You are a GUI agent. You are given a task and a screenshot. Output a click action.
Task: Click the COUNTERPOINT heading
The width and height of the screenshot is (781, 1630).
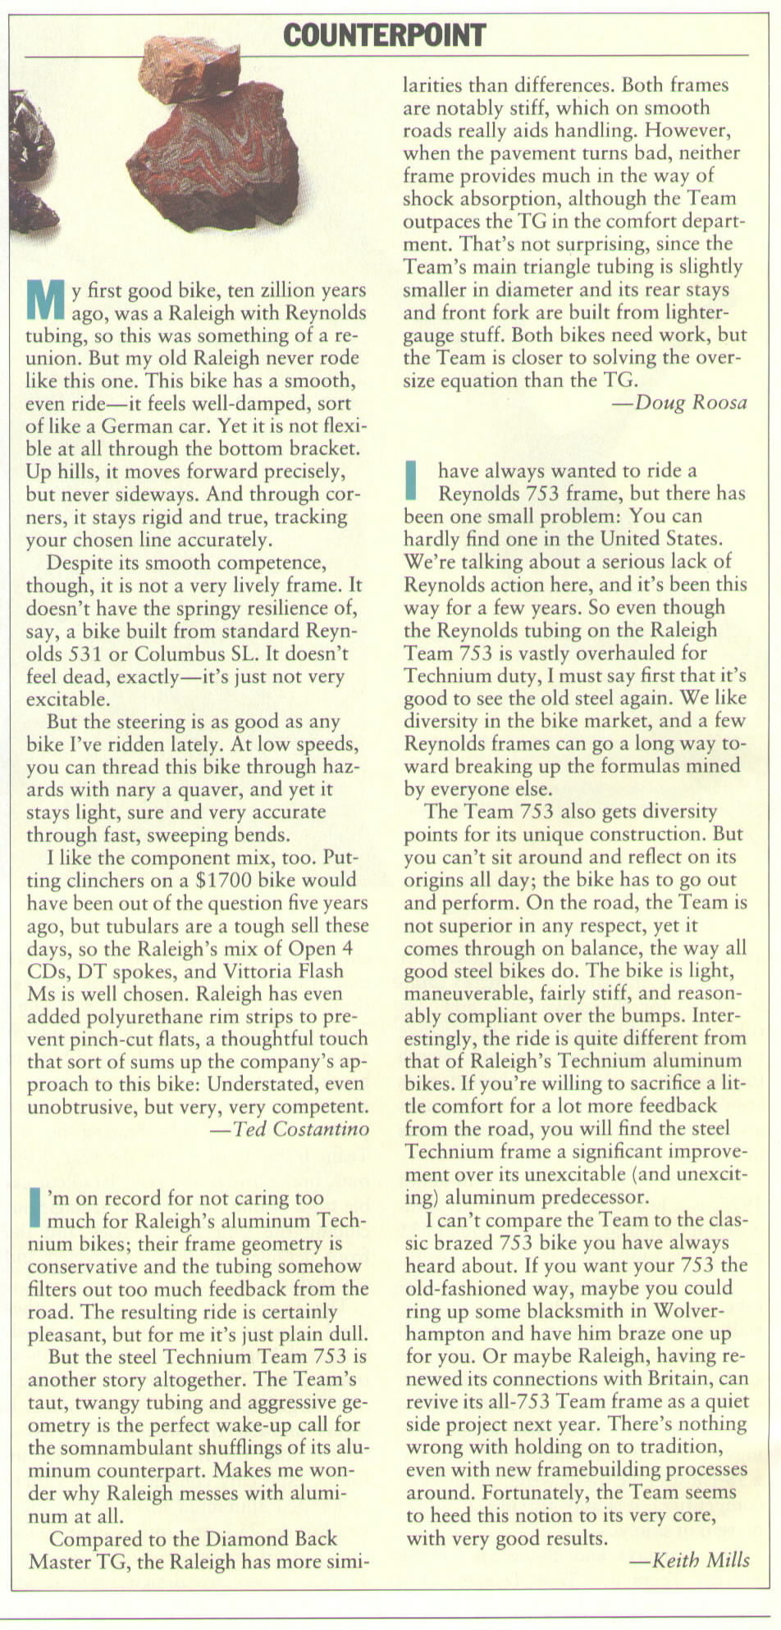(x=385, y=35)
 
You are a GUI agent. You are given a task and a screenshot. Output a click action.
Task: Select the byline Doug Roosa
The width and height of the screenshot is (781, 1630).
(x=679, y=402)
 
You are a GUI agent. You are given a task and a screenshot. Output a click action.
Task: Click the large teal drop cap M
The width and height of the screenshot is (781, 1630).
(x=45, y=300)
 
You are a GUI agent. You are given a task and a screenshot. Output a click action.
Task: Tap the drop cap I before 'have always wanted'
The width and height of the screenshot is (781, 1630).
(x=413, y=480)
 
